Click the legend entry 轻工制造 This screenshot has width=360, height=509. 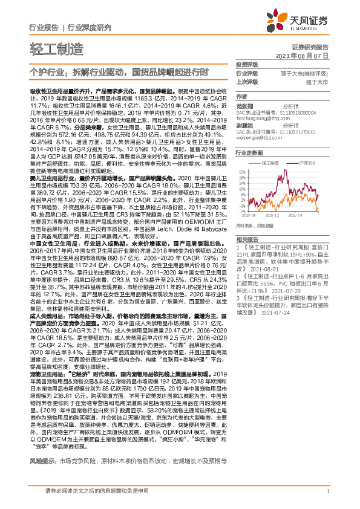click(x=270, y=163)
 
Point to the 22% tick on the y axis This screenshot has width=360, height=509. click(x=241, y=171)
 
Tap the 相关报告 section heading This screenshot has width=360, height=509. click(x=246, y=240)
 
